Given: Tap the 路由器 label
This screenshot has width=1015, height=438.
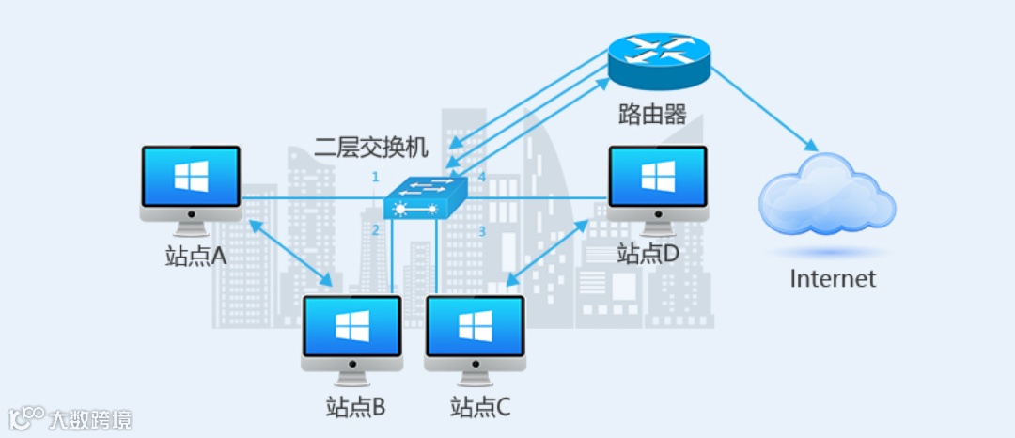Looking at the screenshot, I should (651, 115).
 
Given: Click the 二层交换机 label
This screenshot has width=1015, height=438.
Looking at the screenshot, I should (372, 148).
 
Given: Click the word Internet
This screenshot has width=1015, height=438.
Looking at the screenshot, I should (833, 279).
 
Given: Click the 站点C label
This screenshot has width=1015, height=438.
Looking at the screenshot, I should (480, 408).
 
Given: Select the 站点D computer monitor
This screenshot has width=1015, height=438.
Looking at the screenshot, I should (658, 179).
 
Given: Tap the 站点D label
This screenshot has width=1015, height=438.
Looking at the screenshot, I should (648, 254).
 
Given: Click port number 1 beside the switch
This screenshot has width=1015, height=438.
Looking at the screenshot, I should (375, 177).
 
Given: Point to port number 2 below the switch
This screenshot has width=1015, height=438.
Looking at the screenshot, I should (375, 230).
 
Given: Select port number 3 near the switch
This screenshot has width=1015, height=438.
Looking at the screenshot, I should (482, 230).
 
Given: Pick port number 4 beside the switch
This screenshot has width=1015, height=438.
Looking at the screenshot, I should (482, 177).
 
